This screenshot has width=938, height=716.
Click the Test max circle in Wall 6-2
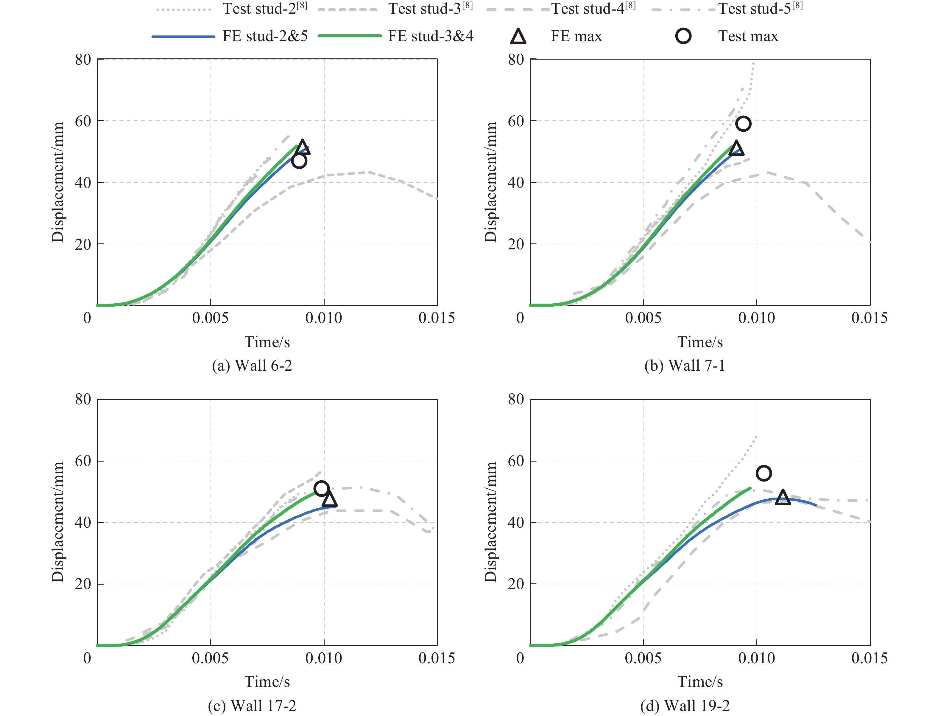(299, 161)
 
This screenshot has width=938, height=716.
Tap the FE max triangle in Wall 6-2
(303, 147)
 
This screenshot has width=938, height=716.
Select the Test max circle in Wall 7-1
(743, 124)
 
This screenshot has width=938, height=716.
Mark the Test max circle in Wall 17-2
(321, 488)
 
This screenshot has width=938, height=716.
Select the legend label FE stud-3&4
(431, 36)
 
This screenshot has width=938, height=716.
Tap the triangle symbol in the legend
(518, 37)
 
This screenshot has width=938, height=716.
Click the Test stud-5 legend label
(760, 9)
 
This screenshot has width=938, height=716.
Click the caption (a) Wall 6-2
(252, 366)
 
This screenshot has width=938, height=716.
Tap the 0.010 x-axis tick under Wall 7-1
(757, 318)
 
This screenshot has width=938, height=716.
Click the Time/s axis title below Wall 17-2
(267, 681)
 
